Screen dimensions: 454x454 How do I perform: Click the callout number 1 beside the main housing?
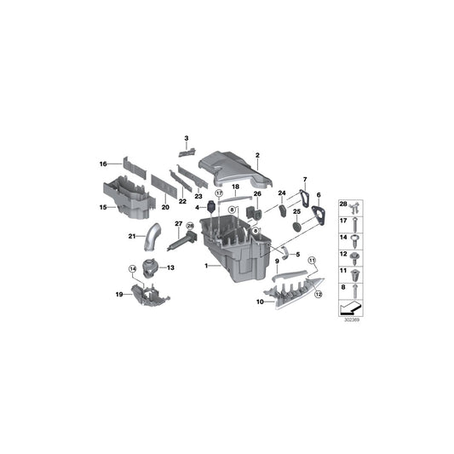click(205, 266)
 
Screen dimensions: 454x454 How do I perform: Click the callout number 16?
click(103, 163)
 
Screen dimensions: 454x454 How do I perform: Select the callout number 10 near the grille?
click(260, 302)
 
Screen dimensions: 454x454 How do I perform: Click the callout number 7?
click(304, 180)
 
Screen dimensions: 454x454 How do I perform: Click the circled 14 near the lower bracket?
click(133, 270)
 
